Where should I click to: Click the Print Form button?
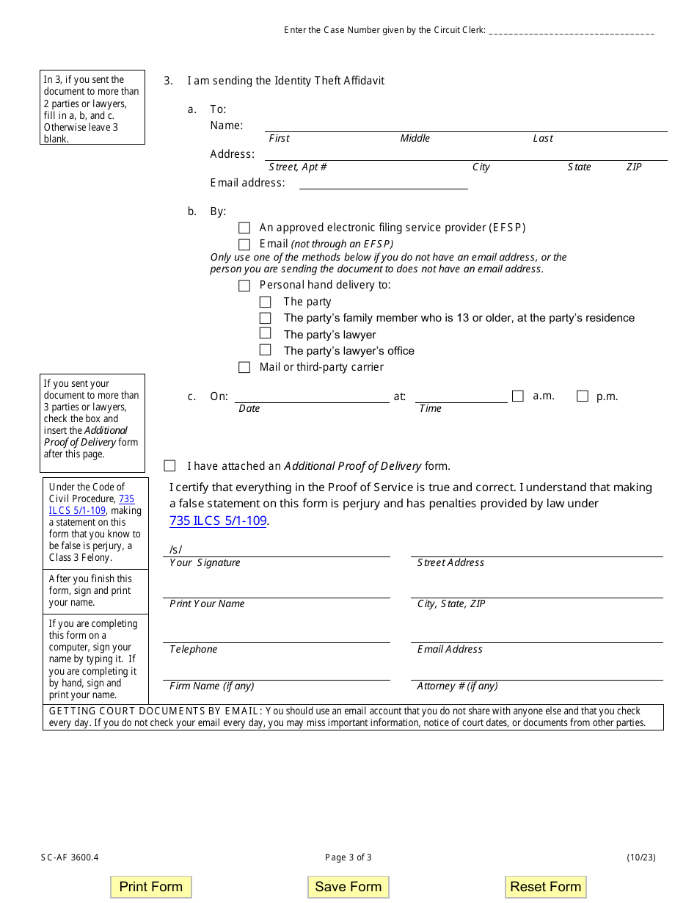(150, 887)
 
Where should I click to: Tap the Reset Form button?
(545, 887)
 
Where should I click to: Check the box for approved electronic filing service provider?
(244, 228)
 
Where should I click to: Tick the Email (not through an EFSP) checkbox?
(244, 244)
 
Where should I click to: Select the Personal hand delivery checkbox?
(244, 286)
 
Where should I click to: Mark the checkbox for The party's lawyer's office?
(266, 350)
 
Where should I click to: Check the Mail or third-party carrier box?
(244, 367)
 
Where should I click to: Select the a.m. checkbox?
(518, 396)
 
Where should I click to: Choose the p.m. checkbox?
(583, 396)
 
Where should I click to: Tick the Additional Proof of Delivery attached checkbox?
(170, 465)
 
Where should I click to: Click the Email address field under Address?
(383, 183)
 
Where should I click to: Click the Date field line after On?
(312, 396)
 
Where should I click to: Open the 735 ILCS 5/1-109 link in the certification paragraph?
(218, 521)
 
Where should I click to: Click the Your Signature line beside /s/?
(286, 550)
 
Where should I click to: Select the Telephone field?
(276, 636)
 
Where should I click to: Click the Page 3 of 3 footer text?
(348, 857)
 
